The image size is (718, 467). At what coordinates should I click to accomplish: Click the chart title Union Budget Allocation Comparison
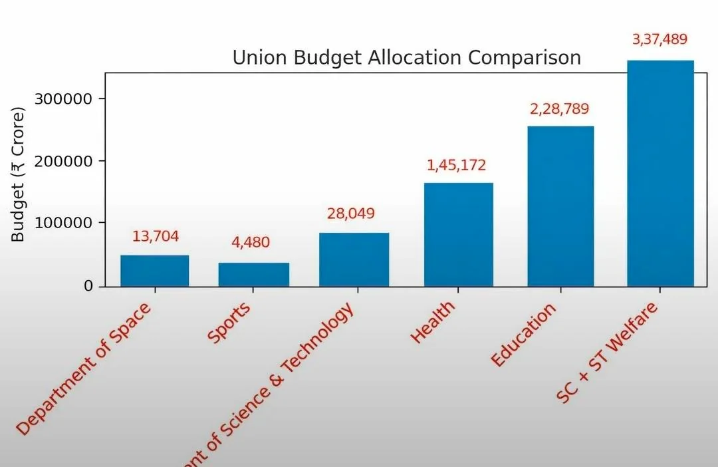[x=406, y=58]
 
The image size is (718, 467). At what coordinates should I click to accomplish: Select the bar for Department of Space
[x=154, y=271]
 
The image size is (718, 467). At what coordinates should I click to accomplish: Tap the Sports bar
[x=254, y=275]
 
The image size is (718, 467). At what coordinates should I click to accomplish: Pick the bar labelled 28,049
[x=354, y=259]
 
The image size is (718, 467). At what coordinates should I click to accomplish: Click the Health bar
[x=459, y=235]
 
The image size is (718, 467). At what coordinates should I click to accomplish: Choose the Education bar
[x=560, y=206]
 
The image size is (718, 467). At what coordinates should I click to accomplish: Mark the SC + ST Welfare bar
[x=660, y=174]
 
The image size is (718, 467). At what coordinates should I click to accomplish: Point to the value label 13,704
[x=156, y=237]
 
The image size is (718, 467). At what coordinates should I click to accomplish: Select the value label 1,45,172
[x=457, y=165]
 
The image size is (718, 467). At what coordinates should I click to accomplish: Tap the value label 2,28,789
[x=559, y=109]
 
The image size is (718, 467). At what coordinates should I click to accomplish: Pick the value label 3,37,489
[x=659, y=40]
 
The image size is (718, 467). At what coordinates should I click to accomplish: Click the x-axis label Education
[x=523, y=335]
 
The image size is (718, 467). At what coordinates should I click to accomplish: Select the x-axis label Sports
[x=230, y=323]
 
